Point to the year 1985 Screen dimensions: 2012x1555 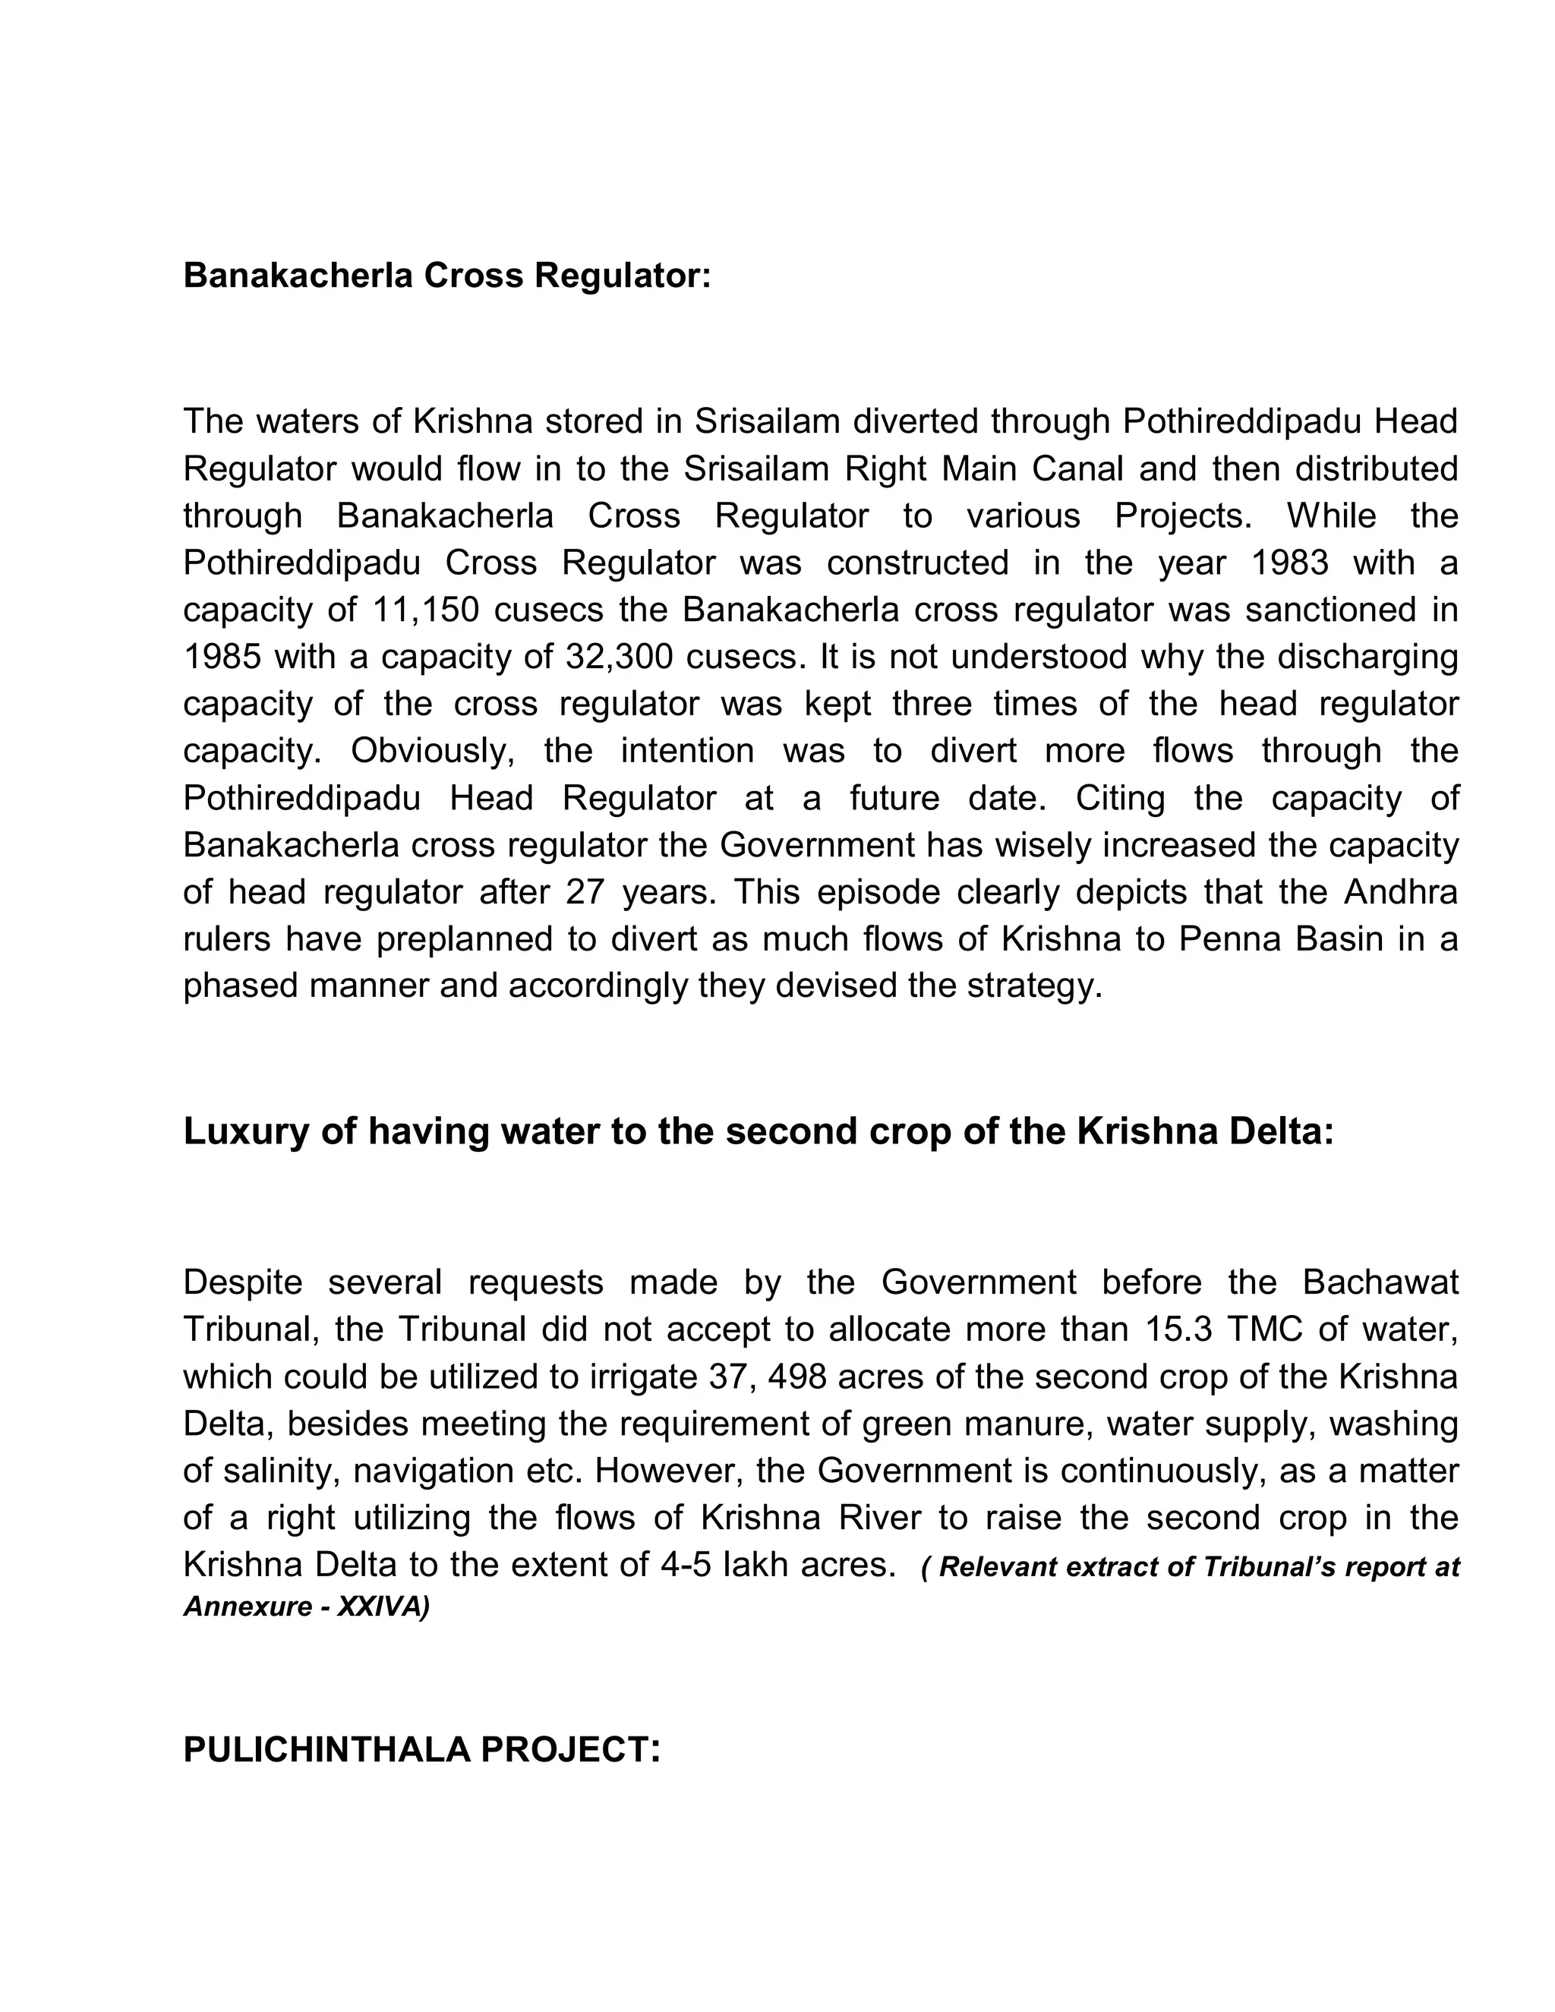[222, 657]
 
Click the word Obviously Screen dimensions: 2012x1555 [432, 751]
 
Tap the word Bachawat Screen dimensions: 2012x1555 [1380, 1282]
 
